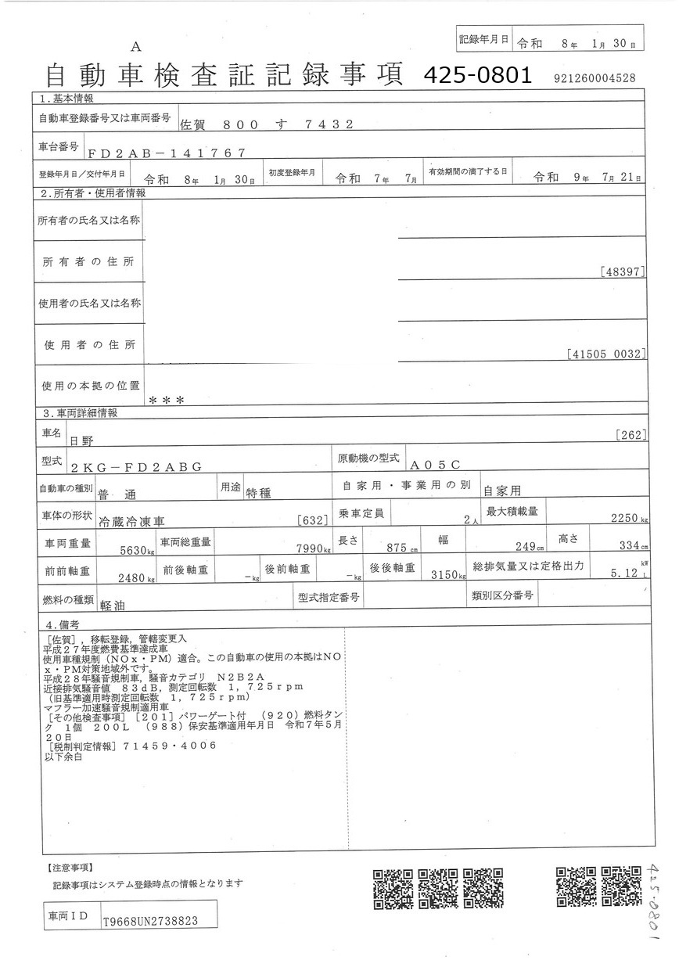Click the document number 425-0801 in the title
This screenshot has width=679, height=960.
point(477,75)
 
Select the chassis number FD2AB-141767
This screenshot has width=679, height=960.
point(167,153)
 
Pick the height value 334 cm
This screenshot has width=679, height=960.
point(627,545)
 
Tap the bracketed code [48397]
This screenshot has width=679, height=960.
point(623,272)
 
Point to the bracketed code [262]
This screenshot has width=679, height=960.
point(630,435)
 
